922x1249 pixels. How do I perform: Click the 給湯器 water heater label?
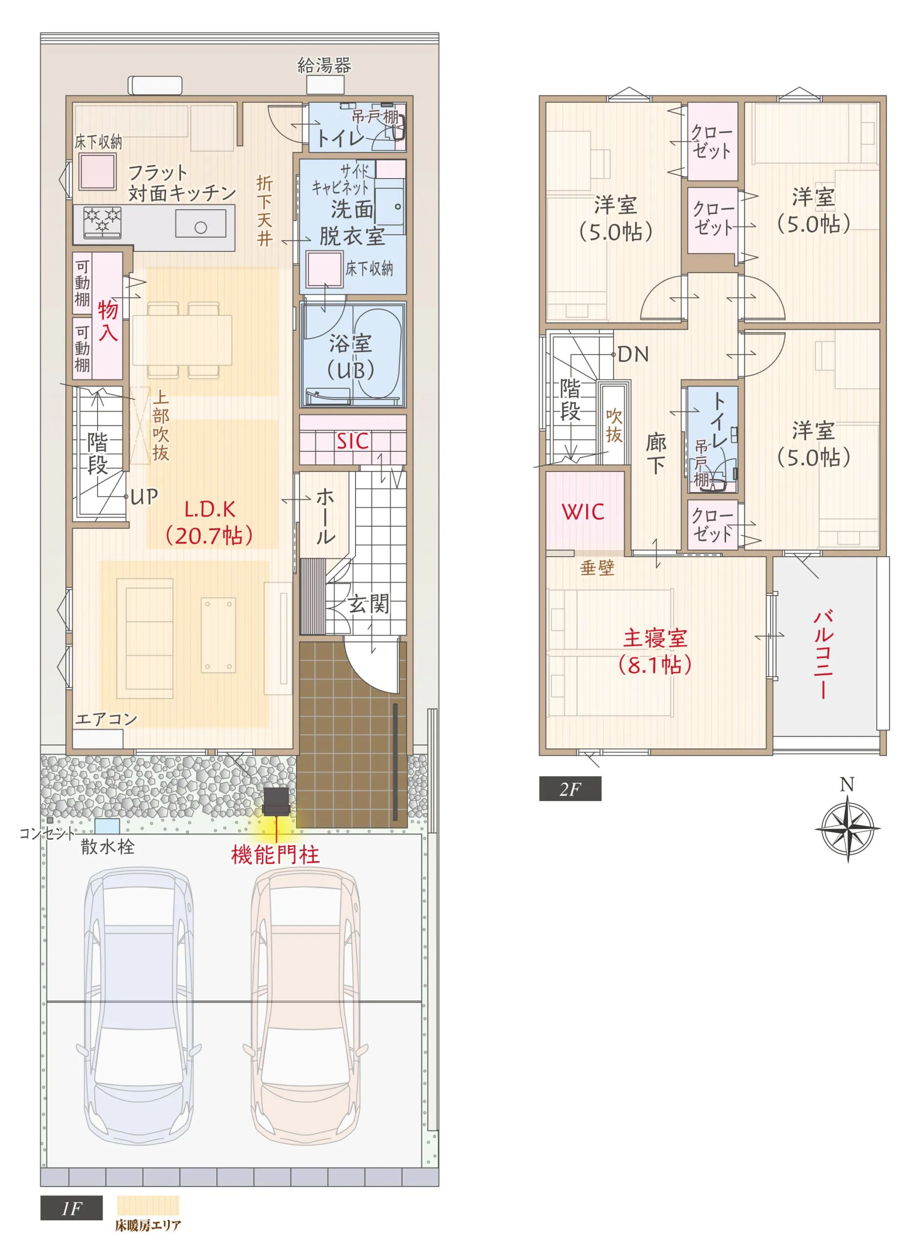(324, 66)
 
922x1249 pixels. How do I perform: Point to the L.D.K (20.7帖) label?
(210, 523)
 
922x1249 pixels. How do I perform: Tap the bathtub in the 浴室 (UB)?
(378, 354)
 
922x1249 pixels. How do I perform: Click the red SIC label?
(353, 442)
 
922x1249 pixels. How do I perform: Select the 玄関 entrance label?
(369, 604)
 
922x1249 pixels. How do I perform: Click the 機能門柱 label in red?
(275, 855)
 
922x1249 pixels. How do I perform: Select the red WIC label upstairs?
(583, 511)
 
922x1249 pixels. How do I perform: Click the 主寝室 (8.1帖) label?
(655, 652)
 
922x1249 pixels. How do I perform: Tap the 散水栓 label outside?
(108, 847)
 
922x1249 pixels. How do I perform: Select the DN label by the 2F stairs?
(633, 354)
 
